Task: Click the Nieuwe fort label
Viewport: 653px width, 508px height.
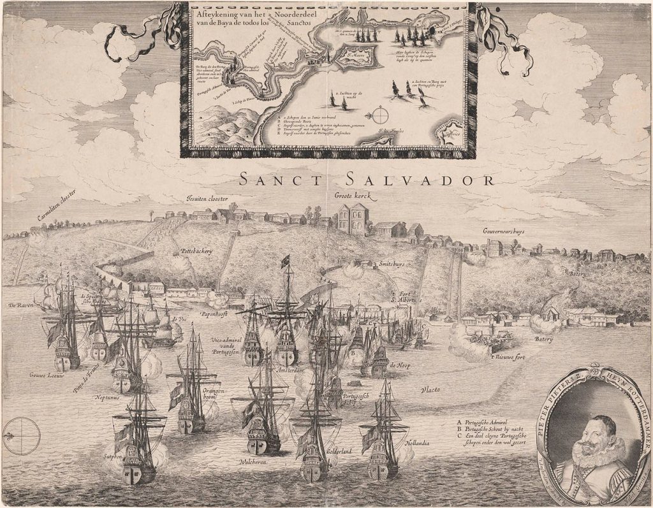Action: pos(511,356)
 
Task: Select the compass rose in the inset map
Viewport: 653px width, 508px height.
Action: pos(380,115)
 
